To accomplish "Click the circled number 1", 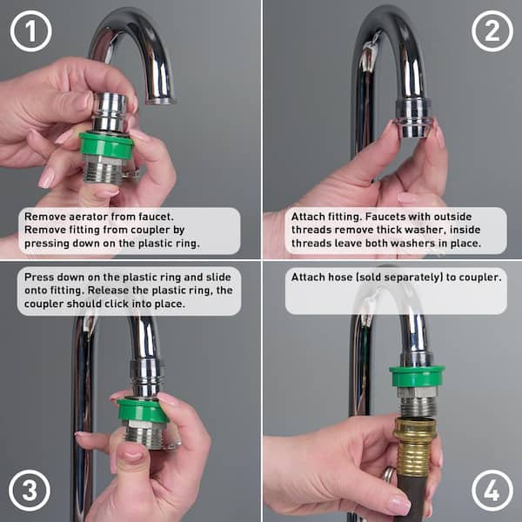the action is pos(31,31).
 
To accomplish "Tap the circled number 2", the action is pos(492,31).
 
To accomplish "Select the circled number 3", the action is pos(30,490).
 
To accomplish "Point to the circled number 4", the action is pos(492,490).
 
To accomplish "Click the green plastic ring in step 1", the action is pos(106,144).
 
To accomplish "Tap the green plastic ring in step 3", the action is pos(143,411).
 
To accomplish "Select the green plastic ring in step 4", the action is pos(417,376).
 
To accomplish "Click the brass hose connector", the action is pos(414,445).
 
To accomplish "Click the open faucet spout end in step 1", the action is pos(161,101).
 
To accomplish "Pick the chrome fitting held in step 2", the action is pos(414,117).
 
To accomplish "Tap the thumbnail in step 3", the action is pos(132,456).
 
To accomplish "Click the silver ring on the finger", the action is pos(389,474).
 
